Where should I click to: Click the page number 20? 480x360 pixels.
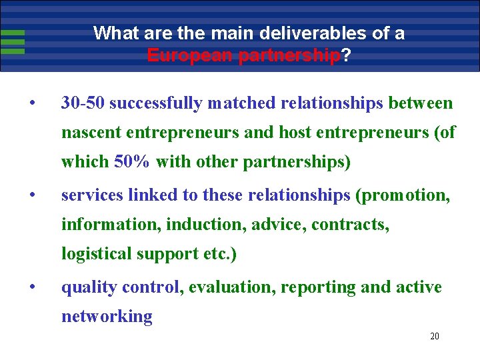(435, 337)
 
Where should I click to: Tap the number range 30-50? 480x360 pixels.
(82, 103)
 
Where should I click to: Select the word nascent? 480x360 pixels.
(87, 133)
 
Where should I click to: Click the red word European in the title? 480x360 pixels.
(181, 55)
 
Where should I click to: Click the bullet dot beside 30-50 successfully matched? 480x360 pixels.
(31, 104)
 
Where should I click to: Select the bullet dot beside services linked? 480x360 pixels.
(31, 196)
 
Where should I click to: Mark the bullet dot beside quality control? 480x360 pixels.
(31, 288)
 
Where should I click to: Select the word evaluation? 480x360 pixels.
(232, 287)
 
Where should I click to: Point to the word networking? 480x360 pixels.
(107, 317)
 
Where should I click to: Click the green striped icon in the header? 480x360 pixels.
(13, 41)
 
